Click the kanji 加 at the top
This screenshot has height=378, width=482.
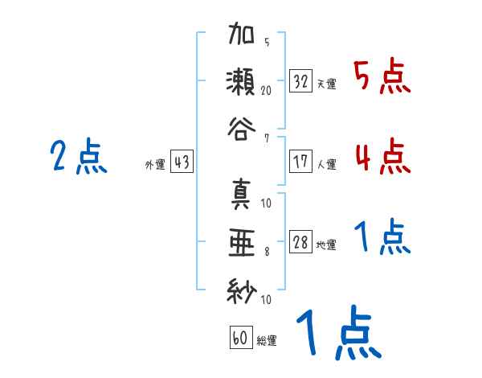click(242, 37)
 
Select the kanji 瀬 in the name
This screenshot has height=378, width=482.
click(242, 84)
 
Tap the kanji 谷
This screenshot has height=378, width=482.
click(242, 129)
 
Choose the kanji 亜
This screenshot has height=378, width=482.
click(242, 240)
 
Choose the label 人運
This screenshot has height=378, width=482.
click(326, 164)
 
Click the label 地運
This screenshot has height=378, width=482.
click(326, 245)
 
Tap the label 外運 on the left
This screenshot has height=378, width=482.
click(154, 165)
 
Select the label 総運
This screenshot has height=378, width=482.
click(267, 341)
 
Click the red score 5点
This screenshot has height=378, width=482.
click(382, 78)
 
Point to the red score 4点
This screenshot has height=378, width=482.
click(382, 156)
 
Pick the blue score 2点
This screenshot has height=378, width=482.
click(78, 158)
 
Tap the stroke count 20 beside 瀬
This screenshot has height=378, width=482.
click(266, 91)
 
